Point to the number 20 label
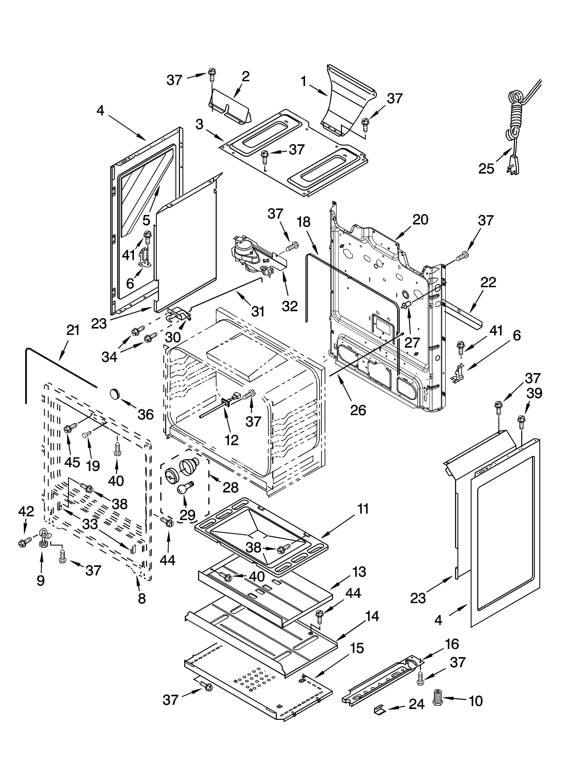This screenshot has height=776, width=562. (x=420, y=220)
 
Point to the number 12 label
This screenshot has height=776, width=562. (x=232, y=440)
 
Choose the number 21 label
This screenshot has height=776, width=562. (x=73, y=331)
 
